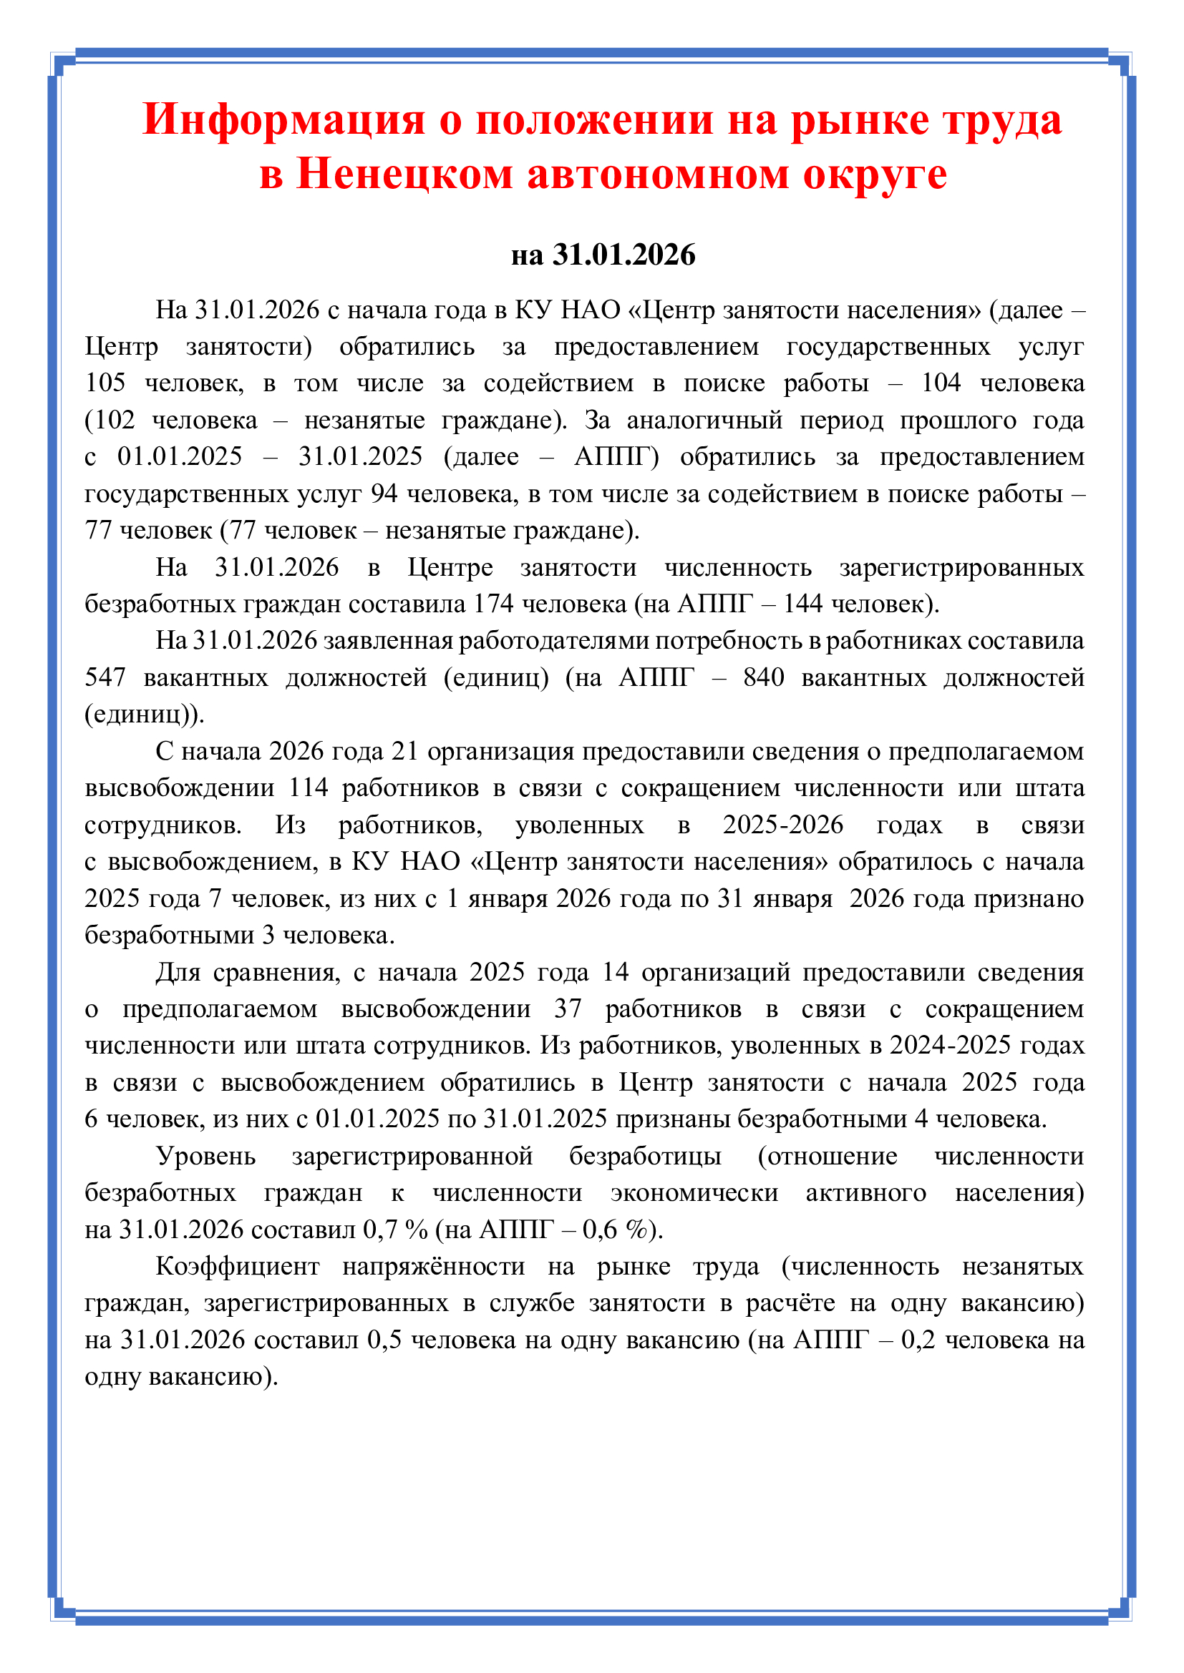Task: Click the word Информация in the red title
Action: coord(283,119)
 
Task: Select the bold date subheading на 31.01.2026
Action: coord(603,255)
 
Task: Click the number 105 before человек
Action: coord(105,383)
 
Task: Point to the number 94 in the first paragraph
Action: coord(384,494)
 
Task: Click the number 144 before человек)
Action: coord(802,604)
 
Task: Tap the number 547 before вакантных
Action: coord(105,677)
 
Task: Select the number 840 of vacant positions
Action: coord(763,677)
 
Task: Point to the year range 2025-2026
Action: coord(782,824)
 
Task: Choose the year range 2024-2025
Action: coord(950,1045)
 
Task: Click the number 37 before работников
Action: coord(568,1009)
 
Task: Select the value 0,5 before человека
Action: coord(384,1339)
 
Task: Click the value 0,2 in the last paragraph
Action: coord(918,1339)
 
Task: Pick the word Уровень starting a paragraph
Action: coord(205,1156)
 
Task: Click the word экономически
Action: coord(694,1192)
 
